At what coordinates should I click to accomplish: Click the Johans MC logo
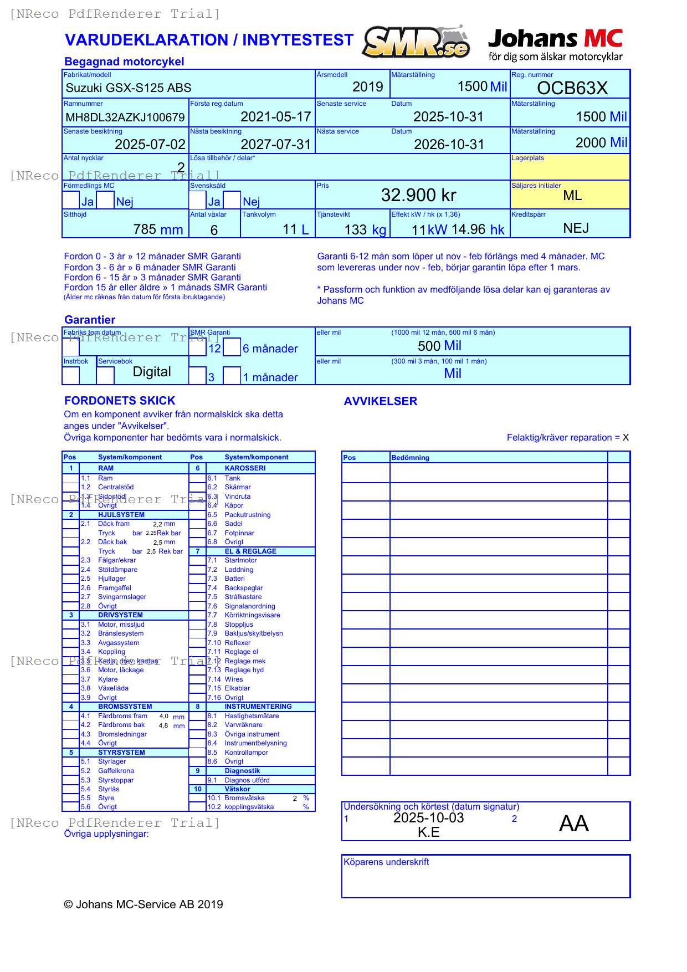[x=555, y=44]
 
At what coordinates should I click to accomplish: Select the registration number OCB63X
[x=572, y=88]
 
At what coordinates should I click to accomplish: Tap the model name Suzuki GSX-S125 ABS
[x=129, y=88]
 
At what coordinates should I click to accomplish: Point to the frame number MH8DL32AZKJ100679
[x=125, y=117]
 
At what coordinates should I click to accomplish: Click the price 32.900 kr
[x=418, y=195]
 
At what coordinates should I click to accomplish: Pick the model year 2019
[x=367, y=87]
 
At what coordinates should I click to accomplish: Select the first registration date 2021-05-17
[x=275, y=117]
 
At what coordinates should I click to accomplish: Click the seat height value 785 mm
[x=158, y=229]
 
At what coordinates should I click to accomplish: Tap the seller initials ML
[x=572, y=196]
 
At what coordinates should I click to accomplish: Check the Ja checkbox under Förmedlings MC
[x=71, y=200]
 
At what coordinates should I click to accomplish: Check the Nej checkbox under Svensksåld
[x=232, y=200]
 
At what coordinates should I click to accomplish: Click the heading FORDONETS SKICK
[x=120, y=401]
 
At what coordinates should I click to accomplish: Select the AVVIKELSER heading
[x=380, y=401]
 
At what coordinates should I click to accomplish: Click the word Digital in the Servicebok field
[x=152, y=372]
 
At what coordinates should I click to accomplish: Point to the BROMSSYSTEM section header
[x=125, y=707]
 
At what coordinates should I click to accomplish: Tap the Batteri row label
[x=234, y=579]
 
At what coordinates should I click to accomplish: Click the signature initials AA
[x=573, y=823]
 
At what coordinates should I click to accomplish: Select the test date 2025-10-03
[x=428, y=818]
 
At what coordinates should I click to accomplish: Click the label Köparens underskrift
[x=386, y=862]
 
